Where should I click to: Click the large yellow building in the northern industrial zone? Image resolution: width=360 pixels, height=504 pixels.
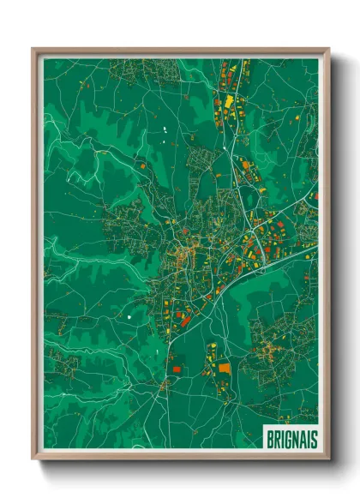click(230, 102)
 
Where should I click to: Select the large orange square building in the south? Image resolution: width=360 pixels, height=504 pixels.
click(225, 367)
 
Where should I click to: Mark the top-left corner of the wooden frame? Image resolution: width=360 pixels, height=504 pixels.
click(33, 48)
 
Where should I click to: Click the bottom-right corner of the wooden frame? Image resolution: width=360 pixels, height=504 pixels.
click(328, 459)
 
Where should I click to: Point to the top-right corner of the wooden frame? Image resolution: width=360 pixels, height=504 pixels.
click(328, 48)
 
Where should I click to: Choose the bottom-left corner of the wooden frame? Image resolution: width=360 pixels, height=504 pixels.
click(33, 459)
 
